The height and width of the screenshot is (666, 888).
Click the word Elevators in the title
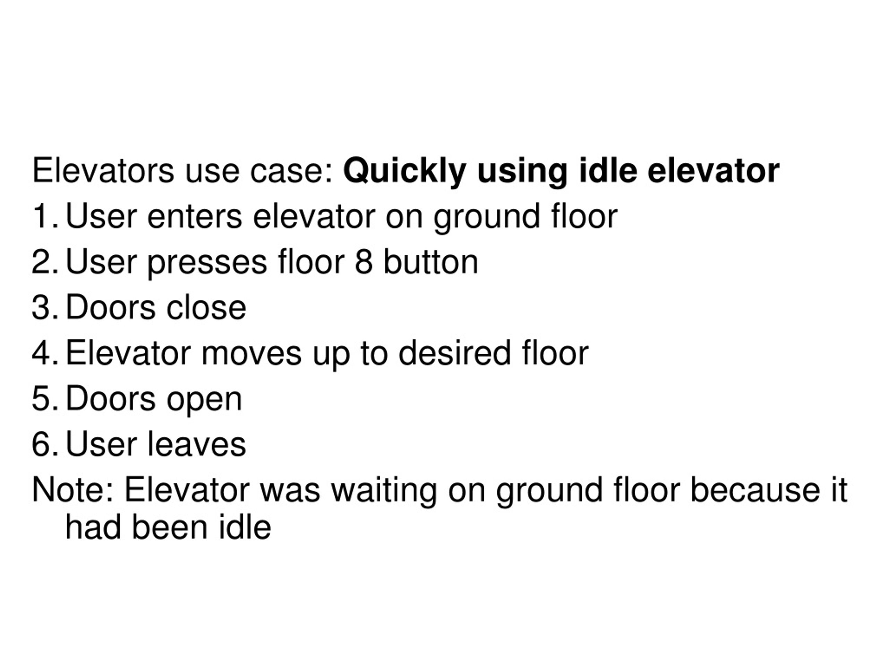103,171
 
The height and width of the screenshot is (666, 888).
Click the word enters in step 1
195,216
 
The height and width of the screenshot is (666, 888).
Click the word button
431,262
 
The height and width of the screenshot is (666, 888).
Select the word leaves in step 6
197,444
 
